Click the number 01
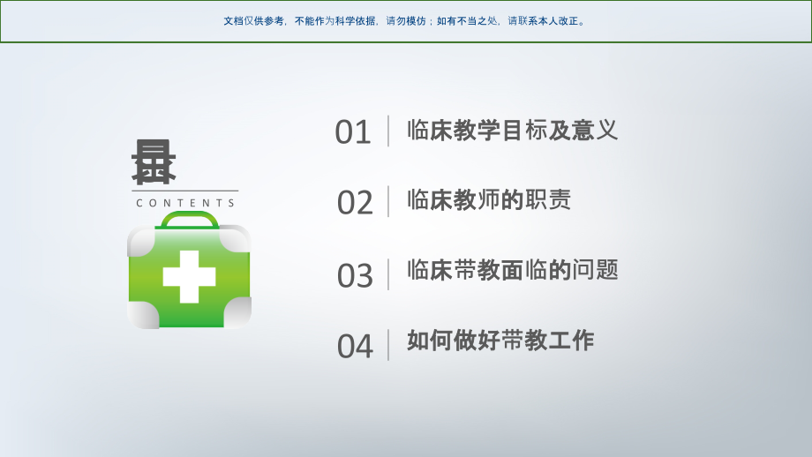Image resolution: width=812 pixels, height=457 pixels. [353, 132]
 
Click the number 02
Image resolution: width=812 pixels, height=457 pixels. [355, 203]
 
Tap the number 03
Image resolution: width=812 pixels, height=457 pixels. [355, 276]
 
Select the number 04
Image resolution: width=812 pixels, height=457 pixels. [355, 347]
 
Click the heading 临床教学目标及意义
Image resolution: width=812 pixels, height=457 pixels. [512, 131]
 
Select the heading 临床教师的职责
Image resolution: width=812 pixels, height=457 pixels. [489, 199]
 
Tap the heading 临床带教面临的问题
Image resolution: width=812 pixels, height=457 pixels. [512, 270]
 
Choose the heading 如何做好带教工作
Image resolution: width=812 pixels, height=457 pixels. [500, 341]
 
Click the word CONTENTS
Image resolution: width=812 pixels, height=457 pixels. [186, 203]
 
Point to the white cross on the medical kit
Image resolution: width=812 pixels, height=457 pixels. [189, 276]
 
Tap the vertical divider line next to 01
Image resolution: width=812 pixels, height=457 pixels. [388, 131]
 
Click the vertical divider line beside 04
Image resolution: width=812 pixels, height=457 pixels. [388, 345]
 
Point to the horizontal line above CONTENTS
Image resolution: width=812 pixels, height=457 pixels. [185, 191]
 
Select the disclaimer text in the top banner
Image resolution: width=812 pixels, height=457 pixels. [405, 21]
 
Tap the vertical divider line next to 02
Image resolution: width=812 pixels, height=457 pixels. [388, 201]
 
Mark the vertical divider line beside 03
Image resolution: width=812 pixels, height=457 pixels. [388, 274]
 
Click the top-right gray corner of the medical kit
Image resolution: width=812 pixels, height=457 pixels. [236, 238]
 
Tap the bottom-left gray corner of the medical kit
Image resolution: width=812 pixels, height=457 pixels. [141, 315]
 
